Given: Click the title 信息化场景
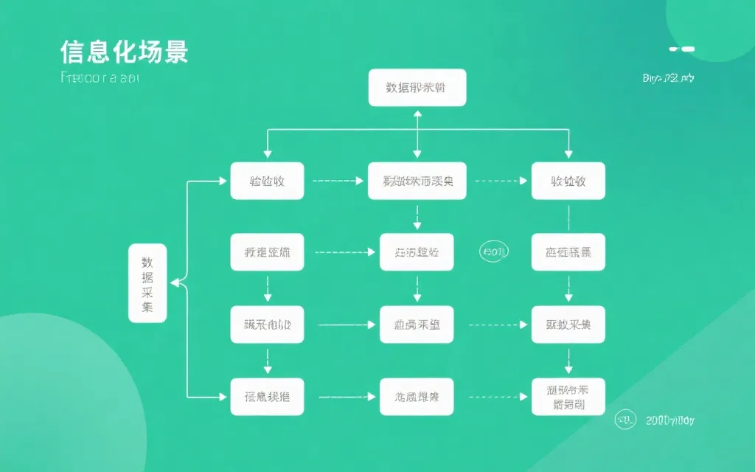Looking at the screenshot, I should click(124, 52).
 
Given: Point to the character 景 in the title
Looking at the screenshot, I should click(175, 52).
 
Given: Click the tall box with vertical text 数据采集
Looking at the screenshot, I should click(147, 283).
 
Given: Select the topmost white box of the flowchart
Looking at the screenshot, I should click(417, 87).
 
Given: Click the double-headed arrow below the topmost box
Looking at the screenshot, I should click(417, 133).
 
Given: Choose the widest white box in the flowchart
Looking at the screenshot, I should click(417, 181).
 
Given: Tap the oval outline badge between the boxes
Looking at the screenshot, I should click(494, 252).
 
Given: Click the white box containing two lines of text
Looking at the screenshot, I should click(568, 396).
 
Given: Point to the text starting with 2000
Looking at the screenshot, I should click(669, 420).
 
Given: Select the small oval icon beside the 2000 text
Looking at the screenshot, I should click(625, 420).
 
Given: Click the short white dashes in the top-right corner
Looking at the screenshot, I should click(682, 49).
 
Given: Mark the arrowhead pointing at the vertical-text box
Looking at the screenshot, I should click(174, 282).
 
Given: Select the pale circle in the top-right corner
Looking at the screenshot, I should click(715, 26).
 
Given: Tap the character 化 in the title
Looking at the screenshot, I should click(125, 52).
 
